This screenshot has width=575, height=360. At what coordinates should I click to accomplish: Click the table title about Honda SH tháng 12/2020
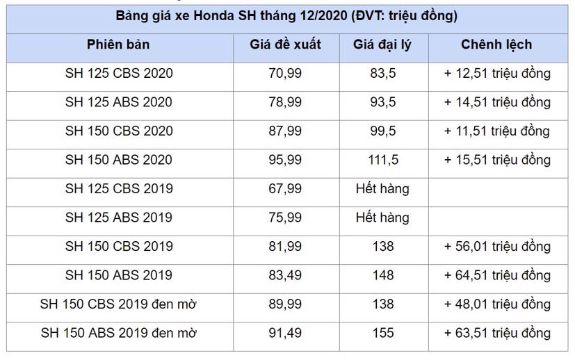287,16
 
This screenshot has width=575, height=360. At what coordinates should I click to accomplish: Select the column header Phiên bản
118,44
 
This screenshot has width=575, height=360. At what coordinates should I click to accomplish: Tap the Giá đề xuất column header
285,44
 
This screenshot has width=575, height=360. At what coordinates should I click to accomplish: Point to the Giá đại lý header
382,44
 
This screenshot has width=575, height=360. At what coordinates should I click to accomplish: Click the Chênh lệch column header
496,44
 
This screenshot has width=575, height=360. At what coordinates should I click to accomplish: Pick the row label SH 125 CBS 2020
118,73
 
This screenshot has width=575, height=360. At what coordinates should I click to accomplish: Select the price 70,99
285,73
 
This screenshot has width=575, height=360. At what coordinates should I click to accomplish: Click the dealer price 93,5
382,102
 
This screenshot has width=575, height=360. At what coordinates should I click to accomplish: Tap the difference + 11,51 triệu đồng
496,131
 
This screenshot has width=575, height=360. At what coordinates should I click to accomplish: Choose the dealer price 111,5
382,160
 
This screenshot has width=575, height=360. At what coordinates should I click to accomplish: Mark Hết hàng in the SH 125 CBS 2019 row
382,189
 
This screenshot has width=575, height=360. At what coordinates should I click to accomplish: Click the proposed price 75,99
285,218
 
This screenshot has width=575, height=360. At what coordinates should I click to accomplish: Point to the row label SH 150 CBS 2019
118,247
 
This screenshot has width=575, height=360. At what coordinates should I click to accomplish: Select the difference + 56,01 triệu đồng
496,247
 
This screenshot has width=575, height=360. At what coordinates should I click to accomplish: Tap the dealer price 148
382,275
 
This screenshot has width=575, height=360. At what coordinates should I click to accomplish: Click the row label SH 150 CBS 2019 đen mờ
118,304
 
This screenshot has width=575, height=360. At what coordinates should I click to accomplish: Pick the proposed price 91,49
285,333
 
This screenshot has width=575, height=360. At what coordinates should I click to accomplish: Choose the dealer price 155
382,333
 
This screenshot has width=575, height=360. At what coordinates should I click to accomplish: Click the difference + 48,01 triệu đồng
496,304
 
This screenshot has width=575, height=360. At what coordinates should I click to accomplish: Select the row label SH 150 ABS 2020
118,160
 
